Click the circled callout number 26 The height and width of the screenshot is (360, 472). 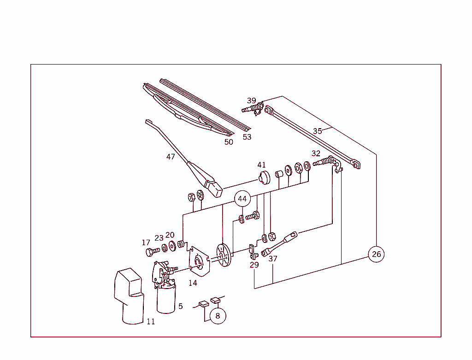pos(377,254)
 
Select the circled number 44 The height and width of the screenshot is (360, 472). pos(242,199)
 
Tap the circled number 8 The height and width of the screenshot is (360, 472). pos(218,316)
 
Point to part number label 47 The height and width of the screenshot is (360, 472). pos(171,157)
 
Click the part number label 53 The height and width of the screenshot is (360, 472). pos(247,137)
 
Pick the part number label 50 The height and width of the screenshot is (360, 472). pos(229,142)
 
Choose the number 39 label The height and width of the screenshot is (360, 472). pos(251,100)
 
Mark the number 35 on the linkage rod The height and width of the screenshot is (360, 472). pos(318,131)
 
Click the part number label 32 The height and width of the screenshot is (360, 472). pos(316,153)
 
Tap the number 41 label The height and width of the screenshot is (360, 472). pos(262,165)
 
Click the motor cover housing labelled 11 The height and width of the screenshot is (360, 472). pos(129,295)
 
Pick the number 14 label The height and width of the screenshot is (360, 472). pos(193,283)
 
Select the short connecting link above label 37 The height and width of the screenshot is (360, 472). pos(279,244)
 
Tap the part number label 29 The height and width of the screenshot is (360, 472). pos(254,265)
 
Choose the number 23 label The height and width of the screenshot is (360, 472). pos(159,238)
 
